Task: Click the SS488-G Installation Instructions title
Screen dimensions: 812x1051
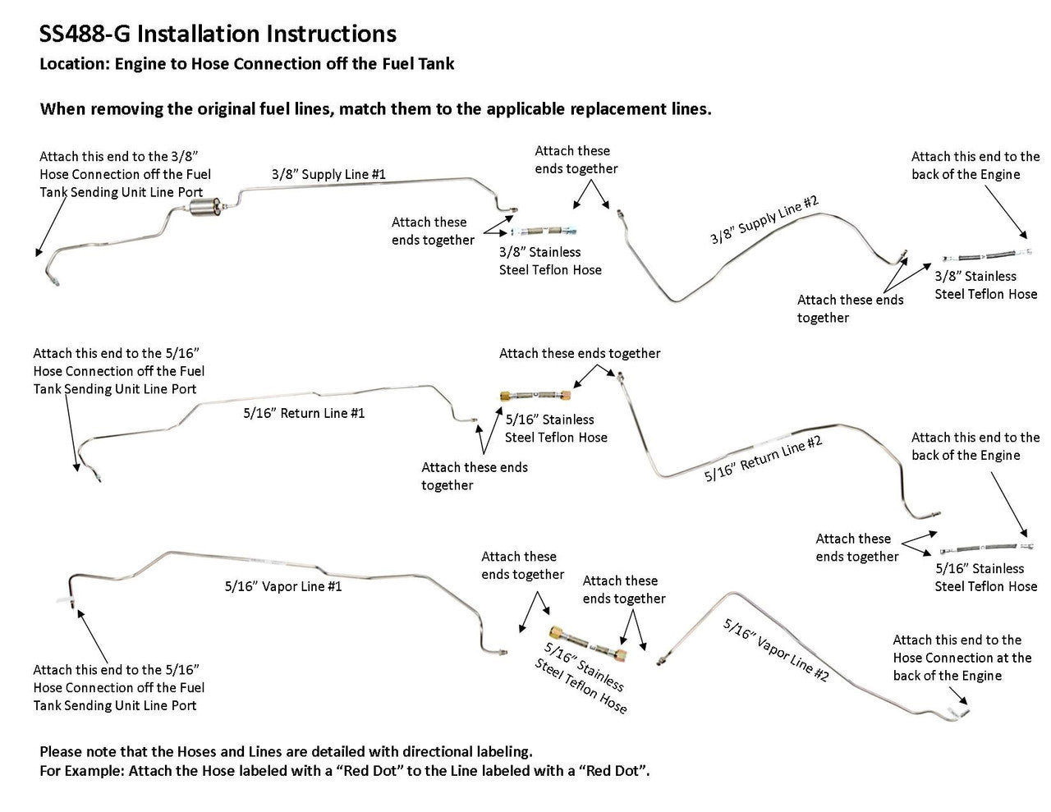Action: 218,34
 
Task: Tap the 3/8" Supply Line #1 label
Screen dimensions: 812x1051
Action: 328,174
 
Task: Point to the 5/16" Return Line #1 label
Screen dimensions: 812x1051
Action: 303,413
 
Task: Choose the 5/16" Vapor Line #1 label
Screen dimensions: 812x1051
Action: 282,586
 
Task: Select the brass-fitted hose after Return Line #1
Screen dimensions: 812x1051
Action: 535,397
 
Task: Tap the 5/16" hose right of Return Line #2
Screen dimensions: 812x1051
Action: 984,548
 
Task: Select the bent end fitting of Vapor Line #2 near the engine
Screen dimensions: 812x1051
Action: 959,708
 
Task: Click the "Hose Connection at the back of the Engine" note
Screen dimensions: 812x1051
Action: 962,658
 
